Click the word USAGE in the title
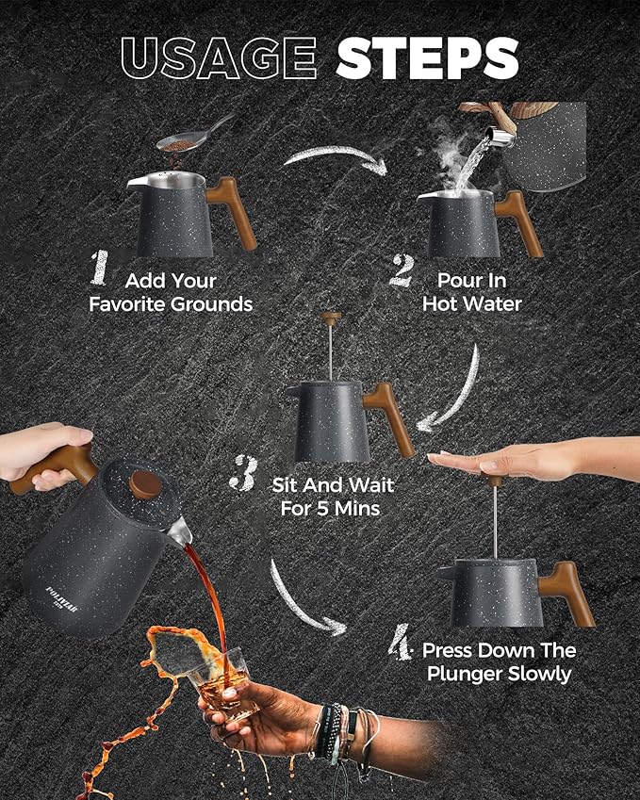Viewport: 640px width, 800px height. tap(219, 57)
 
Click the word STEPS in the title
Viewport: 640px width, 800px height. tap(427, 57)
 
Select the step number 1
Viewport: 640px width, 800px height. tap(100, 268)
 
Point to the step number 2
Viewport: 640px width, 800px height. tap(402, 270)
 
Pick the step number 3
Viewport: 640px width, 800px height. tap(243, 473)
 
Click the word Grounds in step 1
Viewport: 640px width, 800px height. tap(211, 304)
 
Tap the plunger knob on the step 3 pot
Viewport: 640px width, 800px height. tap(331, 318)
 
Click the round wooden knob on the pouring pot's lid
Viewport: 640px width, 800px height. tap(145, 484)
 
